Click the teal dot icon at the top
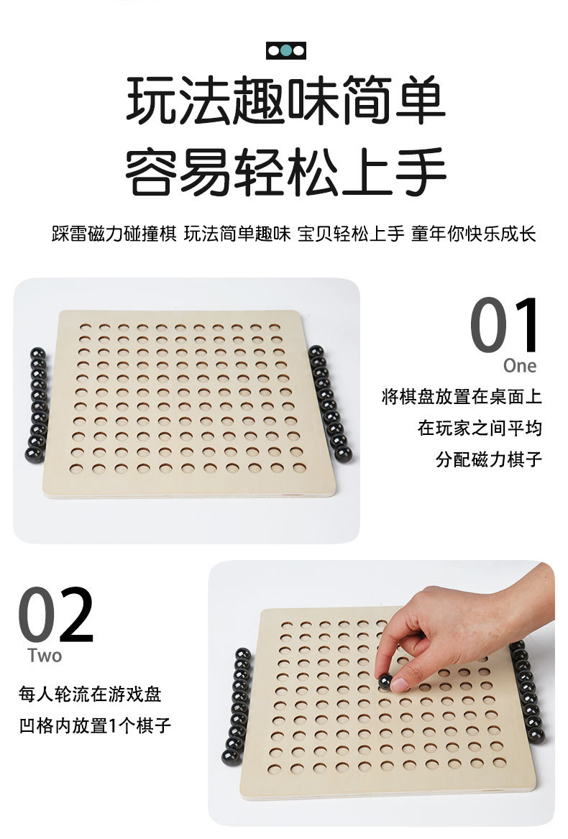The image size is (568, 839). pyautogui.click(x=286, y=50)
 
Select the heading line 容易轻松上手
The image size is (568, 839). pyautogui.click(x=285, y=172)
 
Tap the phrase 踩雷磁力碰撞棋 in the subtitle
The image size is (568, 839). pyautogui.click(x=114, y=234)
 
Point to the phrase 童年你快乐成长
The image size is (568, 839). pyautogui.click(x=473, y=234)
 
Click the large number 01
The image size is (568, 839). pyautogui.click(x=505, y=326)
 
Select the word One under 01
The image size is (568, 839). pyautogui.click(x=519, y=366)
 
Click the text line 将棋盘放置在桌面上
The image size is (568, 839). pyautogui.click(x=461, y=397)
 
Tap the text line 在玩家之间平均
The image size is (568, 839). pyautogui.click(x=480, y=428)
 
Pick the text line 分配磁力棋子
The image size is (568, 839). pyautogui.click(x=488, y=459)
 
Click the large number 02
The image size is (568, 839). pyautogui.click(x=55, y=615)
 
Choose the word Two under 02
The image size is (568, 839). pyautogui.click(x=45, y=656)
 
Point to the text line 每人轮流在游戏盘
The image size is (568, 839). pyautogui.click(x=90, y=694)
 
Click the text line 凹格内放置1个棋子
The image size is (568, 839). pyautogui.click(x=94, y=725)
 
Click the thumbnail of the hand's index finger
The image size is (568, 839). pyautogui.click(x=400, y=684)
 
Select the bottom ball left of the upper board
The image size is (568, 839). pyautogui.click(x=34, y=454)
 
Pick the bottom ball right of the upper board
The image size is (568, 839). pyautogui.click(x=344, y=454)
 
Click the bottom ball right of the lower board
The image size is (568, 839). pyautogui.click(x=536, y=736)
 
